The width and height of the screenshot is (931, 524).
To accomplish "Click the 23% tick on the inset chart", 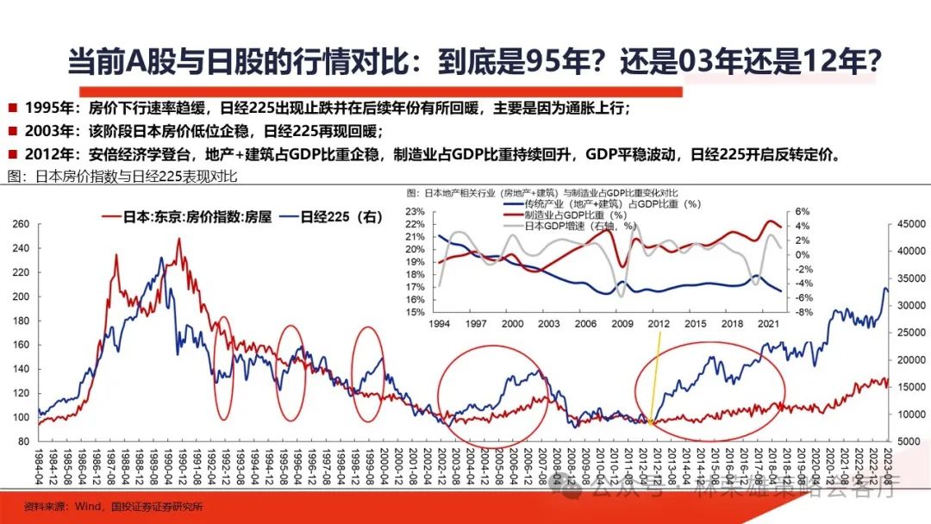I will pyautogui.click(x=416, y=211).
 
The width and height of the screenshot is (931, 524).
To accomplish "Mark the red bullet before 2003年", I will pyautogui.click(x=13, y=131).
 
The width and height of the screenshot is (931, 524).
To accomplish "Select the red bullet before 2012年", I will pyautogui.click(x=13, y=155).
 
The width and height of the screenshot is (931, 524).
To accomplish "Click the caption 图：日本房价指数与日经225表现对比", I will pyautogui.click(x=121, y=176).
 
